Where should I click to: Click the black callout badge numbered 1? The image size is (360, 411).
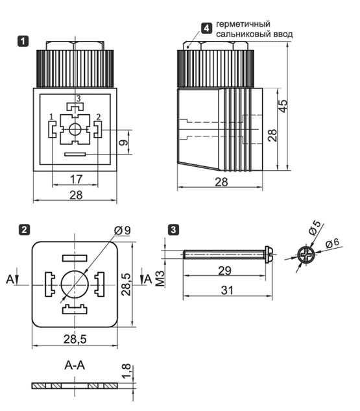(23, 42)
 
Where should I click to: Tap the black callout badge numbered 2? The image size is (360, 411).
(25, 230)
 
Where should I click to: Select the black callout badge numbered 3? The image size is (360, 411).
(173, 230)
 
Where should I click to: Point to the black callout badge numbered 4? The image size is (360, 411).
(206, 28)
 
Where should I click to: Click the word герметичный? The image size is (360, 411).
(243, 24)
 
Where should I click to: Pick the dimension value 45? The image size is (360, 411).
(283, 106)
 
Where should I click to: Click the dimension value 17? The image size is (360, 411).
(76, 179)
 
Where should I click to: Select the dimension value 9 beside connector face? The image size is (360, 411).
(124, 142)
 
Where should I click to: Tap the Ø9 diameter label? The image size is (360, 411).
(122, 230)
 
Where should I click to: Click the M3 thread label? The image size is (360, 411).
(160, 278)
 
